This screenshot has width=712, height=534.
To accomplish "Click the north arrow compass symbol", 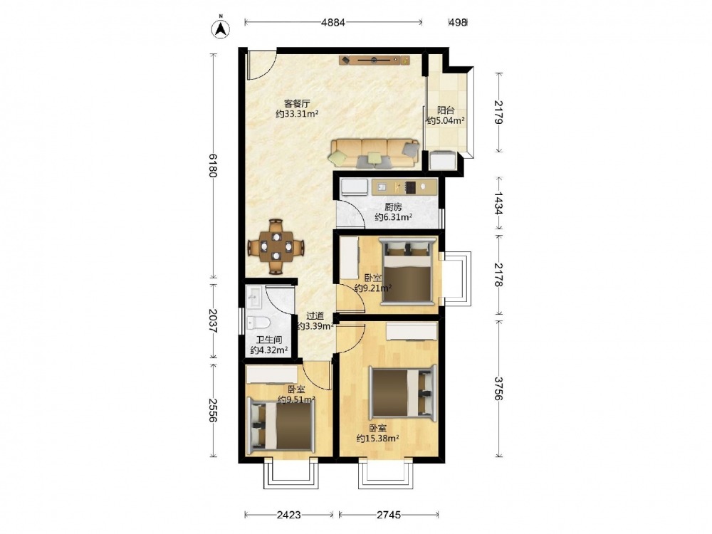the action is coord(221,28).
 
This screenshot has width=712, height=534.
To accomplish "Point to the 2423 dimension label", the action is coord(289,515).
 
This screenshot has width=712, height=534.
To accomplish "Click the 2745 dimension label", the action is coord(389,515).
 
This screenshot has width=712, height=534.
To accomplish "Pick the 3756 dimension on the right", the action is coord(498,389).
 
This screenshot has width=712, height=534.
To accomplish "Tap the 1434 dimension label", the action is coord(498,203).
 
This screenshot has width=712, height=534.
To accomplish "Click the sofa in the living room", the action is coord(375,153).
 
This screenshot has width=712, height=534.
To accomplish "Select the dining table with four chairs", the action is coord(276,247).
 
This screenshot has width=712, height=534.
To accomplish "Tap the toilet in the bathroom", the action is coord(258,323).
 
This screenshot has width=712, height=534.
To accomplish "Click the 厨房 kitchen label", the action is coord(393,207).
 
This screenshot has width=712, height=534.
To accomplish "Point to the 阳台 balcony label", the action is coord(446,110).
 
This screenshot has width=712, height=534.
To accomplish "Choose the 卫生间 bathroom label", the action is coord(269,340).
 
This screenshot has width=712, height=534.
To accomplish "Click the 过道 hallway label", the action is coord(315,316).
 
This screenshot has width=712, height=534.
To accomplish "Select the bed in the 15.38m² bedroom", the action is coord(402,393).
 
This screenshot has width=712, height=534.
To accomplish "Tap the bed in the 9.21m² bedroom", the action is coord(407,271).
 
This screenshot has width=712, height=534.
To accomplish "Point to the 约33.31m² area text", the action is coord(297,114).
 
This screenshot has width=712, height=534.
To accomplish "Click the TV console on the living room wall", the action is coord(375,60).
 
